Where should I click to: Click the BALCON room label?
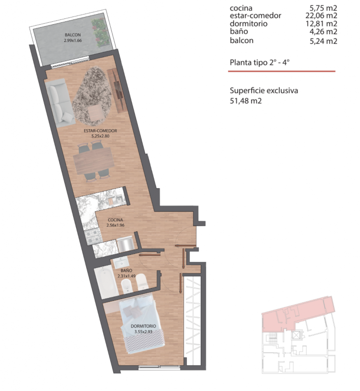pos(73,35)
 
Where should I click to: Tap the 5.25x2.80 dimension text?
pos(100,136)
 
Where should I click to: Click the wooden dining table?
pos(93,161)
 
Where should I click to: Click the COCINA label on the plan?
pos(115,220)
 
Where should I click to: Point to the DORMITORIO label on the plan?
pos(143,326)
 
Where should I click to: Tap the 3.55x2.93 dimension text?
pos(143,332)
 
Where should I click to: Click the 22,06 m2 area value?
pos(321,16)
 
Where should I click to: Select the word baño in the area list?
pos(239,31)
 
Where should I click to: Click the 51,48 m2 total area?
pos(246,101)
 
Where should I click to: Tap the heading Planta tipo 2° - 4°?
pos(260,62)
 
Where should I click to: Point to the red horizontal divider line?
pos(282,71)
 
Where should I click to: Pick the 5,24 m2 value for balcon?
pos(323,41)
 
